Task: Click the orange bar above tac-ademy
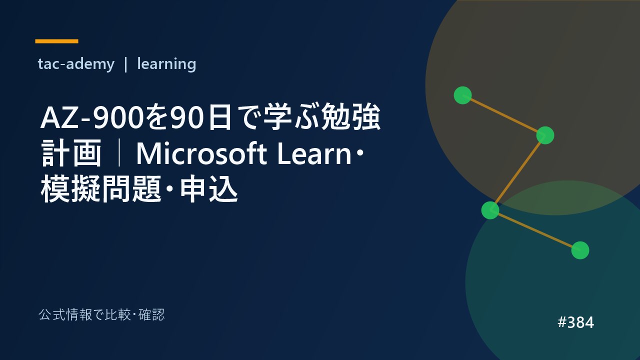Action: (x=56, y=41)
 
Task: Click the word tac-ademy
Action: (x=76, y=63)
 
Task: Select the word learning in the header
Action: (x=166, y=64)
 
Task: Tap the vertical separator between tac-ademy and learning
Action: (x=125, y=64)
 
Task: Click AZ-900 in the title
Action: (x=91, y=118)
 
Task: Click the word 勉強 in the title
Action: (x=351, y=117)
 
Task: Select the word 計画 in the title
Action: (x=71, y=153)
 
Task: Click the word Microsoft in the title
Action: (x=202, y=154)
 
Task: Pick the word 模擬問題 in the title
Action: (x=101, y=189)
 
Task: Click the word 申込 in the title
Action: (x=209, y=189)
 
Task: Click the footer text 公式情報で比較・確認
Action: (x=101, y=315)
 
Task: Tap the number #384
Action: (x=575, y=322)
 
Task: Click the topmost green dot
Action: (x=462, y=95)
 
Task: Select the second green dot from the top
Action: (x=545, y=135)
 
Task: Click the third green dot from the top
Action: (x=490, y=210)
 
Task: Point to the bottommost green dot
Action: (x=580, y=250)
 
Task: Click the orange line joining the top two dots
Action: (x=503, y=115)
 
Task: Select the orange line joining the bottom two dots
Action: (x=535, y=230)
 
